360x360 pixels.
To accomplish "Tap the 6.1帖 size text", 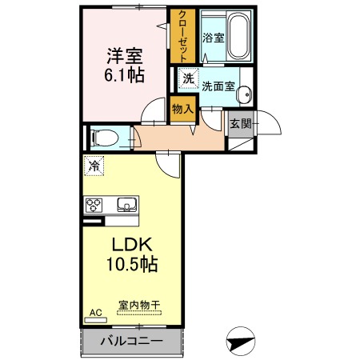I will click(x=123, y=77).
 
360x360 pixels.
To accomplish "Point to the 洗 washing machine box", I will click(x=188, y=78).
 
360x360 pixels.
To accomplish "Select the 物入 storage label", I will click(x=182, y=107).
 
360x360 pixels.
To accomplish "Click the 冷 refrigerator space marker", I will click(x=94, y=166).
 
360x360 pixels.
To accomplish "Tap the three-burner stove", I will click(x=95, y=204).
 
